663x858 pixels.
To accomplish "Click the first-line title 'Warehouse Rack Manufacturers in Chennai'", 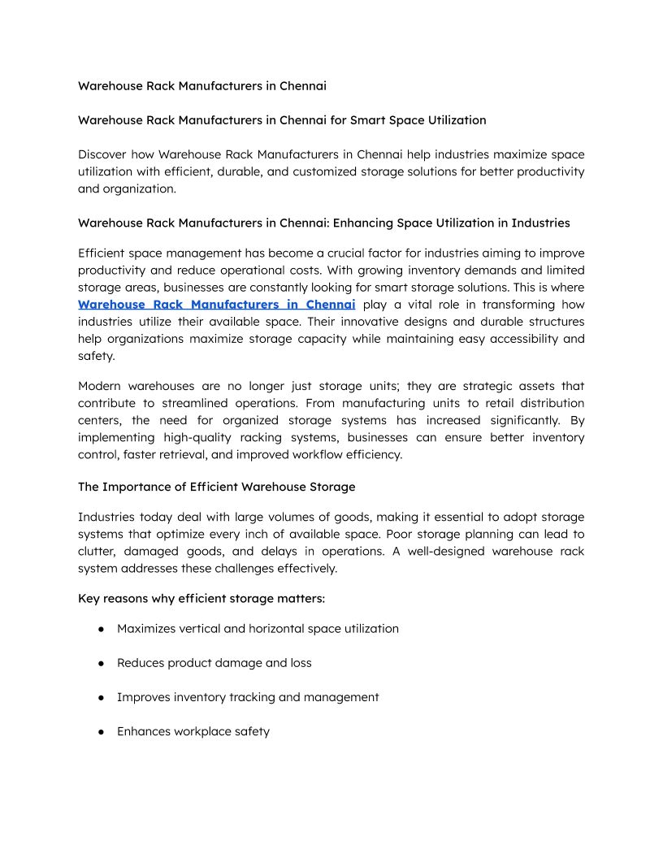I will (202, 85).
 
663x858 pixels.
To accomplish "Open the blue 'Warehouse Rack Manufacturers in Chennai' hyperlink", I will (217, 305).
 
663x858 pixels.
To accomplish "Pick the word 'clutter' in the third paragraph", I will (98, 552).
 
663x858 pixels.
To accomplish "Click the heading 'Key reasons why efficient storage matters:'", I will (201, 599).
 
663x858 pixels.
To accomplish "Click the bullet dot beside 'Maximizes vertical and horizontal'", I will (102, 629).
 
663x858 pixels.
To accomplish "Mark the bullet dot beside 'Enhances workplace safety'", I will (102, 731).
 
